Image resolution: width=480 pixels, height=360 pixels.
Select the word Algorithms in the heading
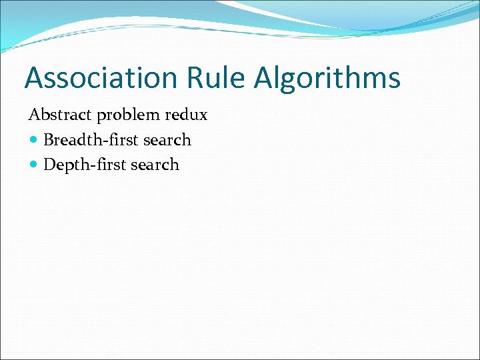[x=327, y=77]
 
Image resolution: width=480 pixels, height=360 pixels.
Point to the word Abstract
[x=61, y=115]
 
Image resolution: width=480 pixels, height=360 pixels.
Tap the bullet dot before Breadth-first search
[x=34, y=141]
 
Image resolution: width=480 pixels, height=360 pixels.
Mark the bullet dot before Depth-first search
[x=34, y=165]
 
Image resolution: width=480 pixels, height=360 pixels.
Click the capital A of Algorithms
[x=265, y=77]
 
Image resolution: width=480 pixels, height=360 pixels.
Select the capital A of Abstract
[x=34, y=115]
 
